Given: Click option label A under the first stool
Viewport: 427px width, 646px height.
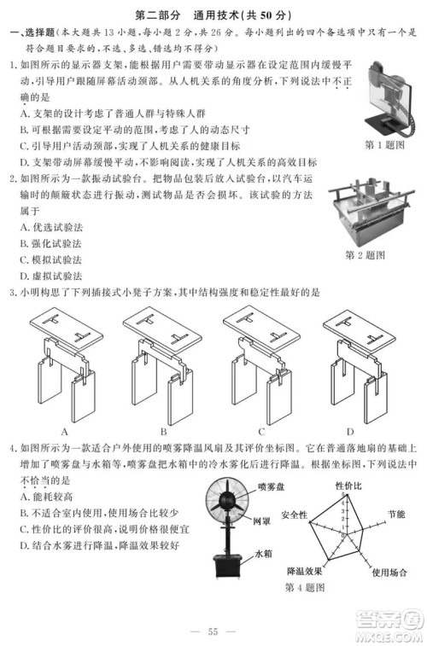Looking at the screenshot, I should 64,430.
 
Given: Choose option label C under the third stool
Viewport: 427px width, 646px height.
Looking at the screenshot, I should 260,430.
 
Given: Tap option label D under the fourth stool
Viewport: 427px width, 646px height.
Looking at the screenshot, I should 350,430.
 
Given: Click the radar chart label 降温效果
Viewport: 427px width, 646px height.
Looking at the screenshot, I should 303,571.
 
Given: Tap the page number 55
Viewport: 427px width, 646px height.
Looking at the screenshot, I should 213,631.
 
